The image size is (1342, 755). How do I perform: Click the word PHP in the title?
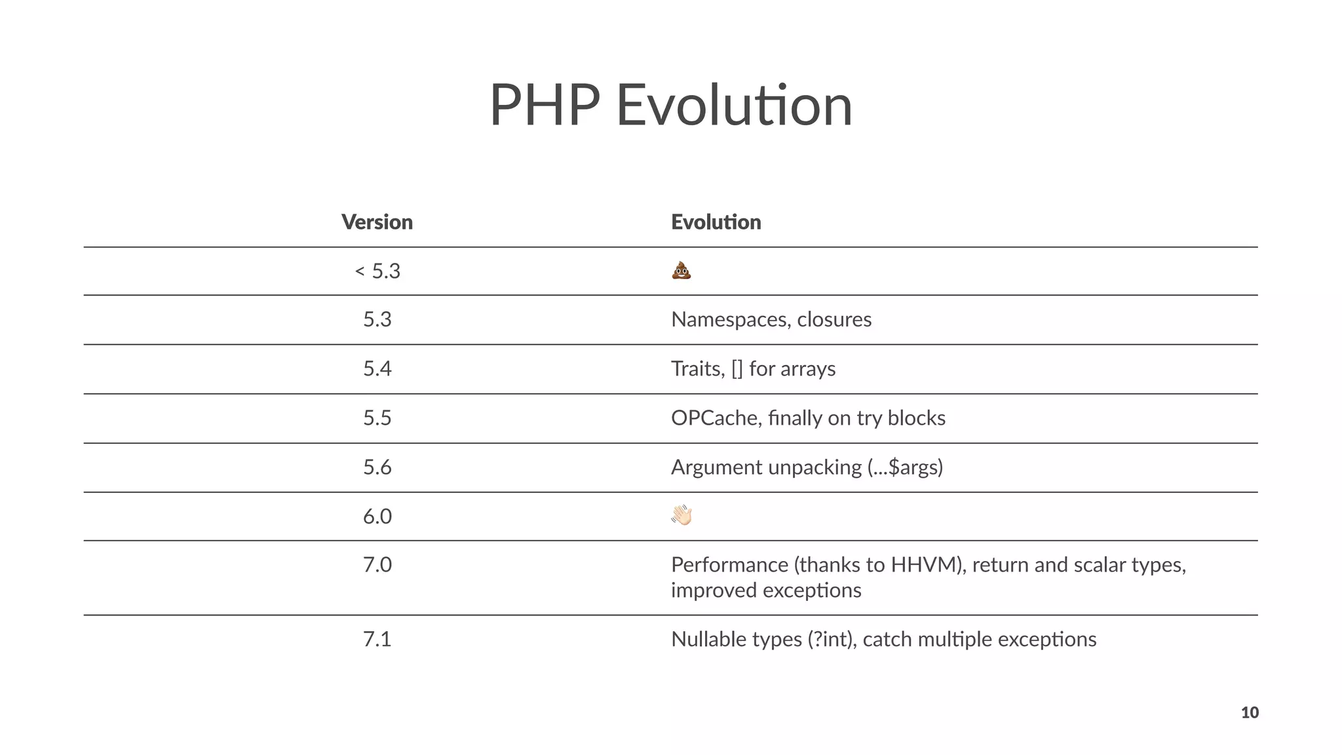[x=544, y=105]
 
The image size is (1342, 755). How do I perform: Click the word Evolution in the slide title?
[x=734, y=105]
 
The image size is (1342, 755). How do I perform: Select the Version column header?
[x=377, y=222]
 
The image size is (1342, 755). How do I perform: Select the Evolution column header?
[x=716, y=222]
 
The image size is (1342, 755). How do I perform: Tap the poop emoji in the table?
[x=681, y=270]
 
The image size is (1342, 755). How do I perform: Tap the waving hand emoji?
[x=681, y=516]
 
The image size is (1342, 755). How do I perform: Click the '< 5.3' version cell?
[x=377, y=271]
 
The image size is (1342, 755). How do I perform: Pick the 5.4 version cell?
[x=377, y=368]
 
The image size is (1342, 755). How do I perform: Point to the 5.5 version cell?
[x=377, y=417]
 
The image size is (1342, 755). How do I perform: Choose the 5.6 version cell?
[x=377, y=467]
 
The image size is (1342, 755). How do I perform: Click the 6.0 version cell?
[x=377, y=516]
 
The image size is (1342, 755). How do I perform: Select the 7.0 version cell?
[x=377, y=564]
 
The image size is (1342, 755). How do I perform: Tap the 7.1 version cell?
[x=377, y=639]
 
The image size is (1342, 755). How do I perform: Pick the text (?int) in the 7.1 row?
[x=832, y=639]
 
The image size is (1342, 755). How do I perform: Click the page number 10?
[x=1249, y=712]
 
